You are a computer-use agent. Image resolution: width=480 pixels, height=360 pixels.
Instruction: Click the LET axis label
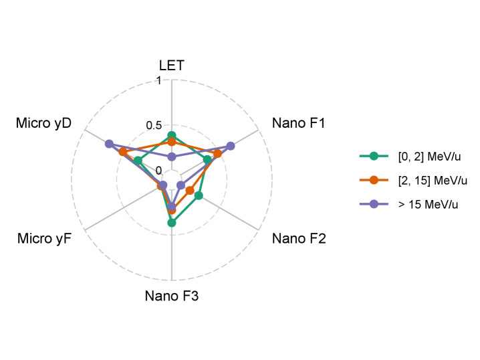[172, 65]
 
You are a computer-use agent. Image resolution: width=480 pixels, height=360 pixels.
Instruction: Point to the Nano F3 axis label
[172, 296]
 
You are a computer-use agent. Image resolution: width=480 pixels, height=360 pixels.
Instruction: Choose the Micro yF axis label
[45, 238]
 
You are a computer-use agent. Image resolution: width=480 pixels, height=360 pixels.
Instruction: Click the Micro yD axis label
[44, 123]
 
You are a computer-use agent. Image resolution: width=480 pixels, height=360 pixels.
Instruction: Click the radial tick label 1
[158, 81]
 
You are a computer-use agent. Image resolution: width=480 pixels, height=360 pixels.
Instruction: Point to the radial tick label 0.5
[154, 126]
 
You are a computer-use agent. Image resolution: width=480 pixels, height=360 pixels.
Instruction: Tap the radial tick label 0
[158, 171]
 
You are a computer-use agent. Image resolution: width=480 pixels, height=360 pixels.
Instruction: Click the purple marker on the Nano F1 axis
[231, 146]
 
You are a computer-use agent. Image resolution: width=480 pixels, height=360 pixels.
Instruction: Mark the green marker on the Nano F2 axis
[199, 195]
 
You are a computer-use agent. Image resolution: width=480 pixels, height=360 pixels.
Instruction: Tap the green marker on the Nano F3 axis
[172, 223]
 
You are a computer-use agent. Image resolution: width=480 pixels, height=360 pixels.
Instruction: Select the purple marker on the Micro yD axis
[110, 144]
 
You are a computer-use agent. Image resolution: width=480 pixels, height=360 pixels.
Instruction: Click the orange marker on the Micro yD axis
[122, 153]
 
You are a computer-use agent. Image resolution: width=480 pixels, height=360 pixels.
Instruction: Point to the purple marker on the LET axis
[172, 157]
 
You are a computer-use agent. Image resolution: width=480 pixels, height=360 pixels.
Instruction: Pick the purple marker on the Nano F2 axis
[181, 185]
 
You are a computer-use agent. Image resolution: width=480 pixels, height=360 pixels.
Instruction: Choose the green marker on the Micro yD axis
[138, 161]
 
